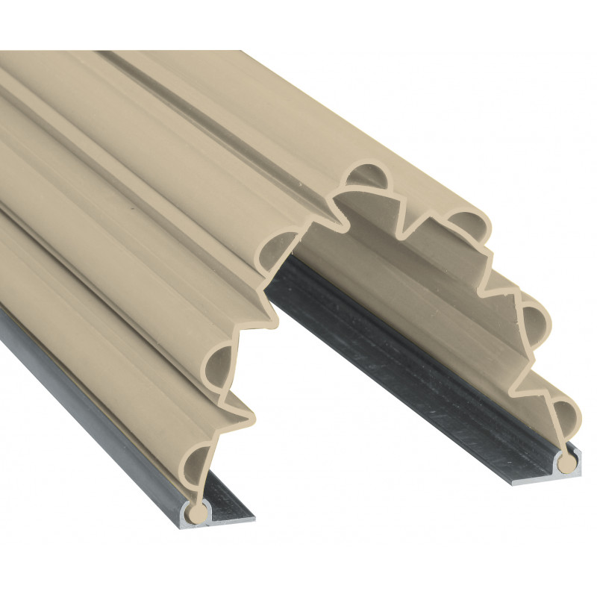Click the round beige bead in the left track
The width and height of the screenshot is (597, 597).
pyautogui.click(x=198, y=512)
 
